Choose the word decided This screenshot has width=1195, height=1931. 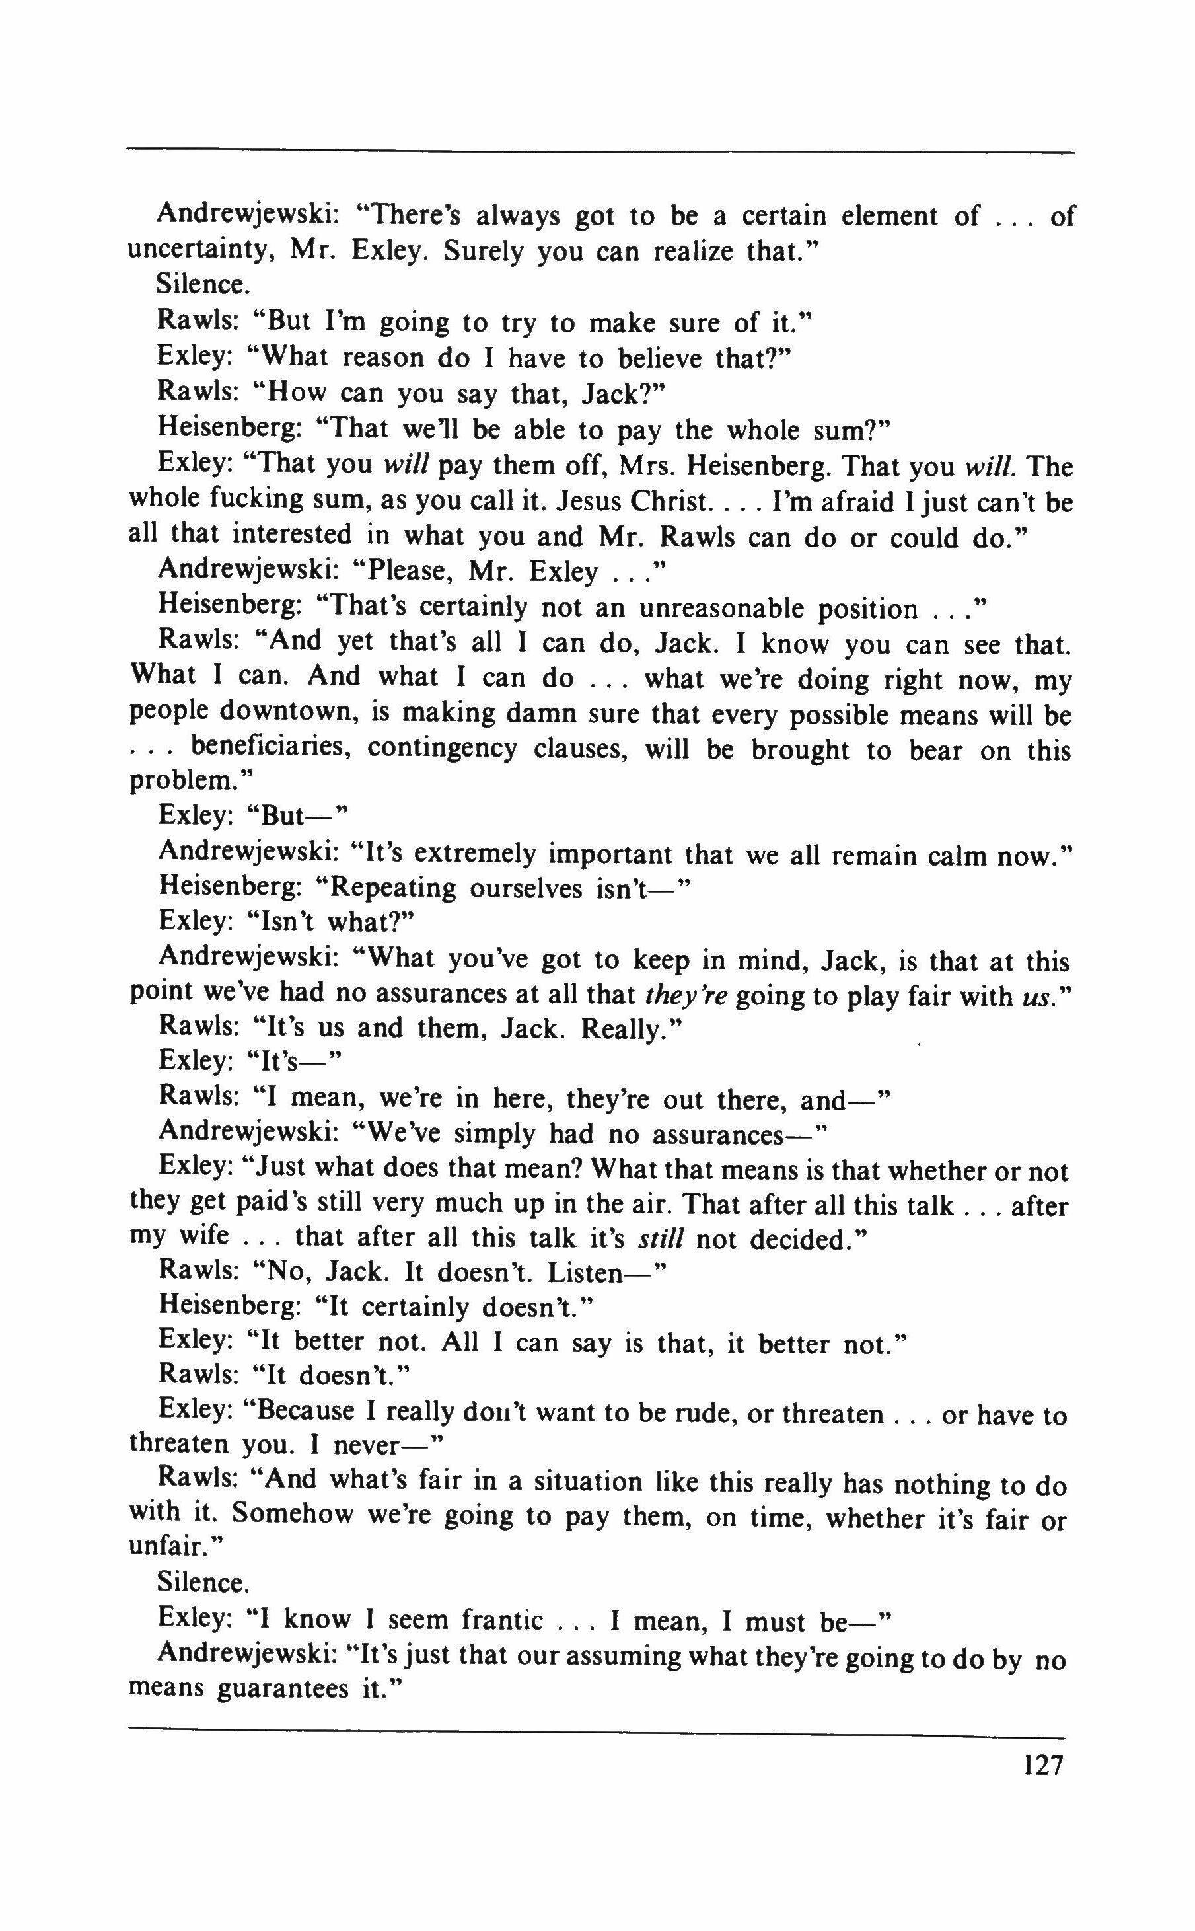(x=805, y=1238)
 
